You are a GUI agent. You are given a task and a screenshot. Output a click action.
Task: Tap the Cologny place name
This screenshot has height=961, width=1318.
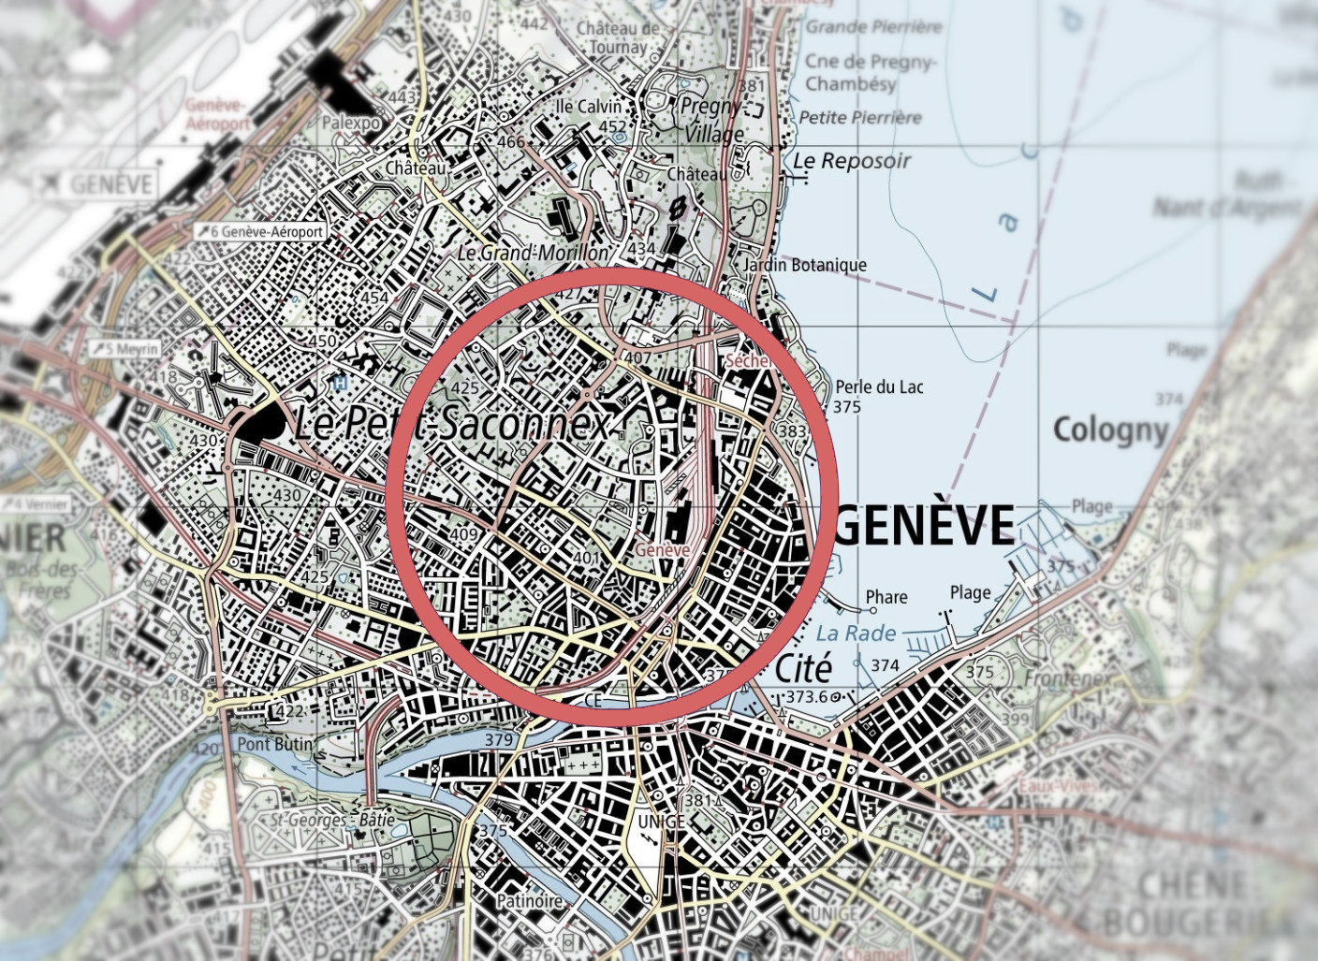point(1110,430)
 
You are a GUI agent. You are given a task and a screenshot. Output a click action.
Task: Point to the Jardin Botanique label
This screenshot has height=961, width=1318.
point(804,265)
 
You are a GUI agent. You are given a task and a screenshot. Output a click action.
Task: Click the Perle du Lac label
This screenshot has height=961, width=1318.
point(879,386)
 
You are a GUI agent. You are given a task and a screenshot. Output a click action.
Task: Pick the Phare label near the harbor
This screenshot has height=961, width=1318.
point(886,597)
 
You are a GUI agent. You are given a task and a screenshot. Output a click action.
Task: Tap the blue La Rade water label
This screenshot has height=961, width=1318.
point(856,633)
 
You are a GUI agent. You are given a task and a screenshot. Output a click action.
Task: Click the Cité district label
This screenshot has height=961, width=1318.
point(803,669)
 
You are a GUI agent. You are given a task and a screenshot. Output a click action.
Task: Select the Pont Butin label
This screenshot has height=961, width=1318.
point(274,744)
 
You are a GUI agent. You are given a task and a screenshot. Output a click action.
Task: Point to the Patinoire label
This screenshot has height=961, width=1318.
point(530,901)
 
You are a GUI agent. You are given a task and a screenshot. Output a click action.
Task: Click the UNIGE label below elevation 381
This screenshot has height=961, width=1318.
point(661,822)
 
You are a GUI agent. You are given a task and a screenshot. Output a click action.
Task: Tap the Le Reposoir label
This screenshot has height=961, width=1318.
point(851,161)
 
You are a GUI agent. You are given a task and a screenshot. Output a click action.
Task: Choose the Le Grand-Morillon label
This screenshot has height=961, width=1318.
point(533,253)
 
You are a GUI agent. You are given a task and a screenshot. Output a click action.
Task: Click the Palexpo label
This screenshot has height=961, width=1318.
point(351,123)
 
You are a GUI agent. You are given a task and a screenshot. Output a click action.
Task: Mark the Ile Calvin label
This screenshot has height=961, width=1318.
point(588,106)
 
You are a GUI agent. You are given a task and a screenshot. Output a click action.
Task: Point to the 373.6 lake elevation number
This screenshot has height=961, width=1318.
point(806,697)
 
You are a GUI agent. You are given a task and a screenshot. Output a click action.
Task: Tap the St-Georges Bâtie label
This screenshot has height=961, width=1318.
point(332,820)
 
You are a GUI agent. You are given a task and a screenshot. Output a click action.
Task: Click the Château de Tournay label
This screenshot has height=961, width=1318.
point(617,37)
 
